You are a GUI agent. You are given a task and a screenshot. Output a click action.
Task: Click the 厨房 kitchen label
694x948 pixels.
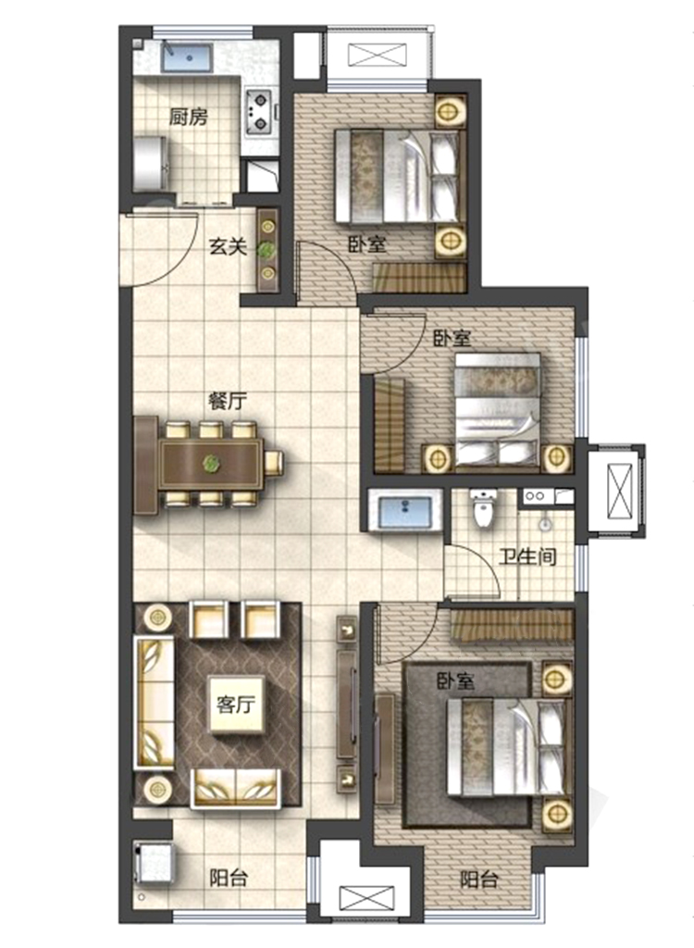(188, 116)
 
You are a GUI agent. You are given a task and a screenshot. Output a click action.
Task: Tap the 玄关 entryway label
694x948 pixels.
(228, 246)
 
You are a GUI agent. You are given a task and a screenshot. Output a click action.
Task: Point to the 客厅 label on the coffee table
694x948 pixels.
(236, 704)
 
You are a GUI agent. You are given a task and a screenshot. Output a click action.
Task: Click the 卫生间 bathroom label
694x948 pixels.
(527, 555)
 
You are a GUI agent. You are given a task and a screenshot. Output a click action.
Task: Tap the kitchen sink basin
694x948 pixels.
(187, 57)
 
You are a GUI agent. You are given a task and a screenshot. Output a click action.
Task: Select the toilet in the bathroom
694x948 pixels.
(484, 509)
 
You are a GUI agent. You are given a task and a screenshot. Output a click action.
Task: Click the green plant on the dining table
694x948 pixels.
(211, 464)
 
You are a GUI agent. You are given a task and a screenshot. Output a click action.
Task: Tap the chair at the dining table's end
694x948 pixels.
(274, 463)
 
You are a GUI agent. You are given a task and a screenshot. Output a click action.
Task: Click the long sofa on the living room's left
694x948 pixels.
(154, 702)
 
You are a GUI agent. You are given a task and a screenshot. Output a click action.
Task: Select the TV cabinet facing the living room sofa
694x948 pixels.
(346, 704)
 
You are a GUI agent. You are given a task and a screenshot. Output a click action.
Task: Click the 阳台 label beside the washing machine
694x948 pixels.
(229, 878)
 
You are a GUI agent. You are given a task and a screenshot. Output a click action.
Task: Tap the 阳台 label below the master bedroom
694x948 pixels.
(479, 879)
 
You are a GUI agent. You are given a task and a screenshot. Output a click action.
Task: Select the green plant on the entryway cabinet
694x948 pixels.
(266, 249)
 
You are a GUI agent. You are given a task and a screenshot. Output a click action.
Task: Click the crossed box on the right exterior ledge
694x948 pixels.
(618, 490)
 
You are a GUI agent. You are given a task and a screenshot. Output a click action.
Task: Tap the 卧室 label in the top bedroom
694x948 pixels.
(367, 244)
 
